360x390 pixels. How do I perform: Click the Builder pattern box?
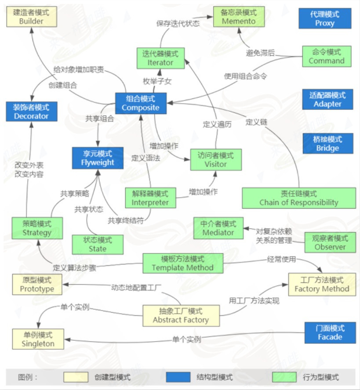click(x=32, y=17)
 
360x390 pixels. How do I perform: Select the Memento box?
click(x=239, y=17)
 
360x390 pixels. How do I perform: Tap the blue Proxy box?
click(x=325, y=18)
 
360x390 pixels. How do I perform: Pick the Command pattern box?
click(x=327, y=57)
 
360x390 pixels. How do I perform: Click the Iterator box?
click(x=160, y=58)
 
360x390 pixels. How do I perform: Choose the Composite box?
click(x=141, y=103)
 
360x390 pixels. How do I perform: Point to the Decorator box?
click(x=32, y=112)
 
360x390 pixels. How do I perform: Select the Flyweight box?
click(x=98, y=158)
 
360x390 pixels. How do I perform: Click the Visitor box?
click(x=216, y=160)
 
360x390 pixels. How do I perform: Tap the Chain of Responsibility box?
click(x=299, y=198)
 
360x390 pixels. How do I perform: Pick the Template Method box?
click(x=183, y=264)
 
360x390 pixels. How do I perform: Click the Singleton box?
click(x=38, y=339)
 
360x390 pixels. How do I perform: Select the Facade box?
click(x=330, y=333)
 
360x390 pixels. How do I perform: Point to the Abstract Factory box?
click(x=181, y=316)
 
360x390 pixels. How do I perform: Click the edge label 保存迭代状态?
click(x=178, y=23)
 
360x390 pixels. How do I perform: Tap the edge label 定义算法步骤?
click(x=74, y=267)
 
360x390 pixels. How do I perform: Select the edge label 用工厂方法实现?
click(x=254, y=301)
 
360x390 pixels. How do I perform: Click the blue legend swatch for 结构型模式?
click(x=178, y=377)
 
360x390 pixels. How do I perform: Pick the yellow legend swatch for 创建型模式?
click(x=76, y=377)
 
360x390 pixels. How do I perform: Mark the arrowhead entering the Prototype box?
click(x=65, y=285)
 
